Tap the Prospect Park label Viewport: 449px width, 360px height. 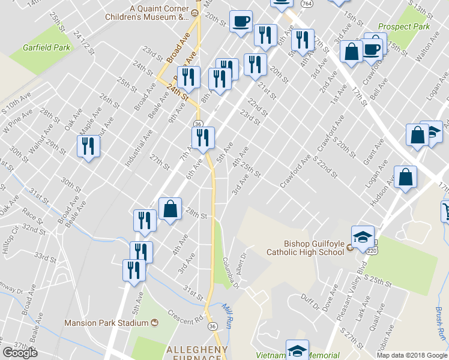[404, 27]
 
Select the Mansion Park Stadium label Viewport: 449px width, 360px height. [106, 323]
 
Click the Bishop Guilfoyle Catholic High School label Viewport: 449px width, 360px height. [306, 248]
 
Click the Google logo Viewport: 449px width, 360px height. [20, 353]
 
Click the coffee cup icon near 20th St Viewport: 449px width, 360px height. [241, 22]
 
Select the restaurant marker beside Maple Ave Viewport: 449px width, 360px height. [89, 146]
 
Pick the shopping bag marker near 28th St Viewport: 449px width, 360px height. [170, 210]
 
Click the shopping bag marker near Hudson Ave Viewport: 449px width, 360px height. [406, 178]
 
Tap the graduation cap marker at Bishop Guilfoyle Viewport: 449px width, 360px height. [363, 238]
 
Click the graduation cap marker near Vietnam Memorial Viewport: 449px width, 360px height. [297, 350]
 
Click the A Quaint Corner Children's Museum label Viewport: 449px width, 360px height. [158, 13]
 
